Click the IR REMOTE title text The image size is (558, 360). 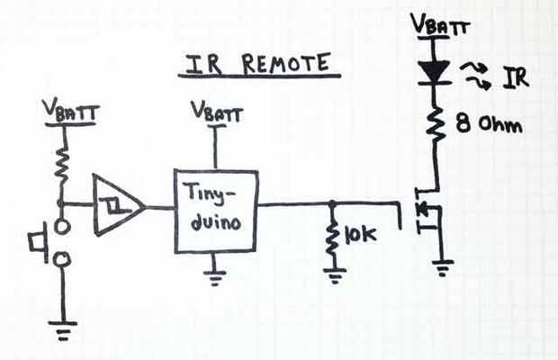click(256, 65)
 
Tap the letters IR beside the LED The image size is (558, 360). click(516, 78)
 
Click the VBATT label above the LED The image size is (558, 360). click(438, 24)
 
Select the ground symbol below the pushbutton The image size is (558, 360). click(62, 332)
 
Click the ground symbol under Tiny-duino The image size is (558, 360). click(214, 276)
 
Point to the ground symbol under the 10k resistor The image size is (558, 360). click(334, 274)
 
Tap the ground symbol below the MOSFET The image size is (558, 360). click(440, 266)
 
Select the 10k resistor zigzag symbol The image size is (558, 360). click(334, 236)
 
